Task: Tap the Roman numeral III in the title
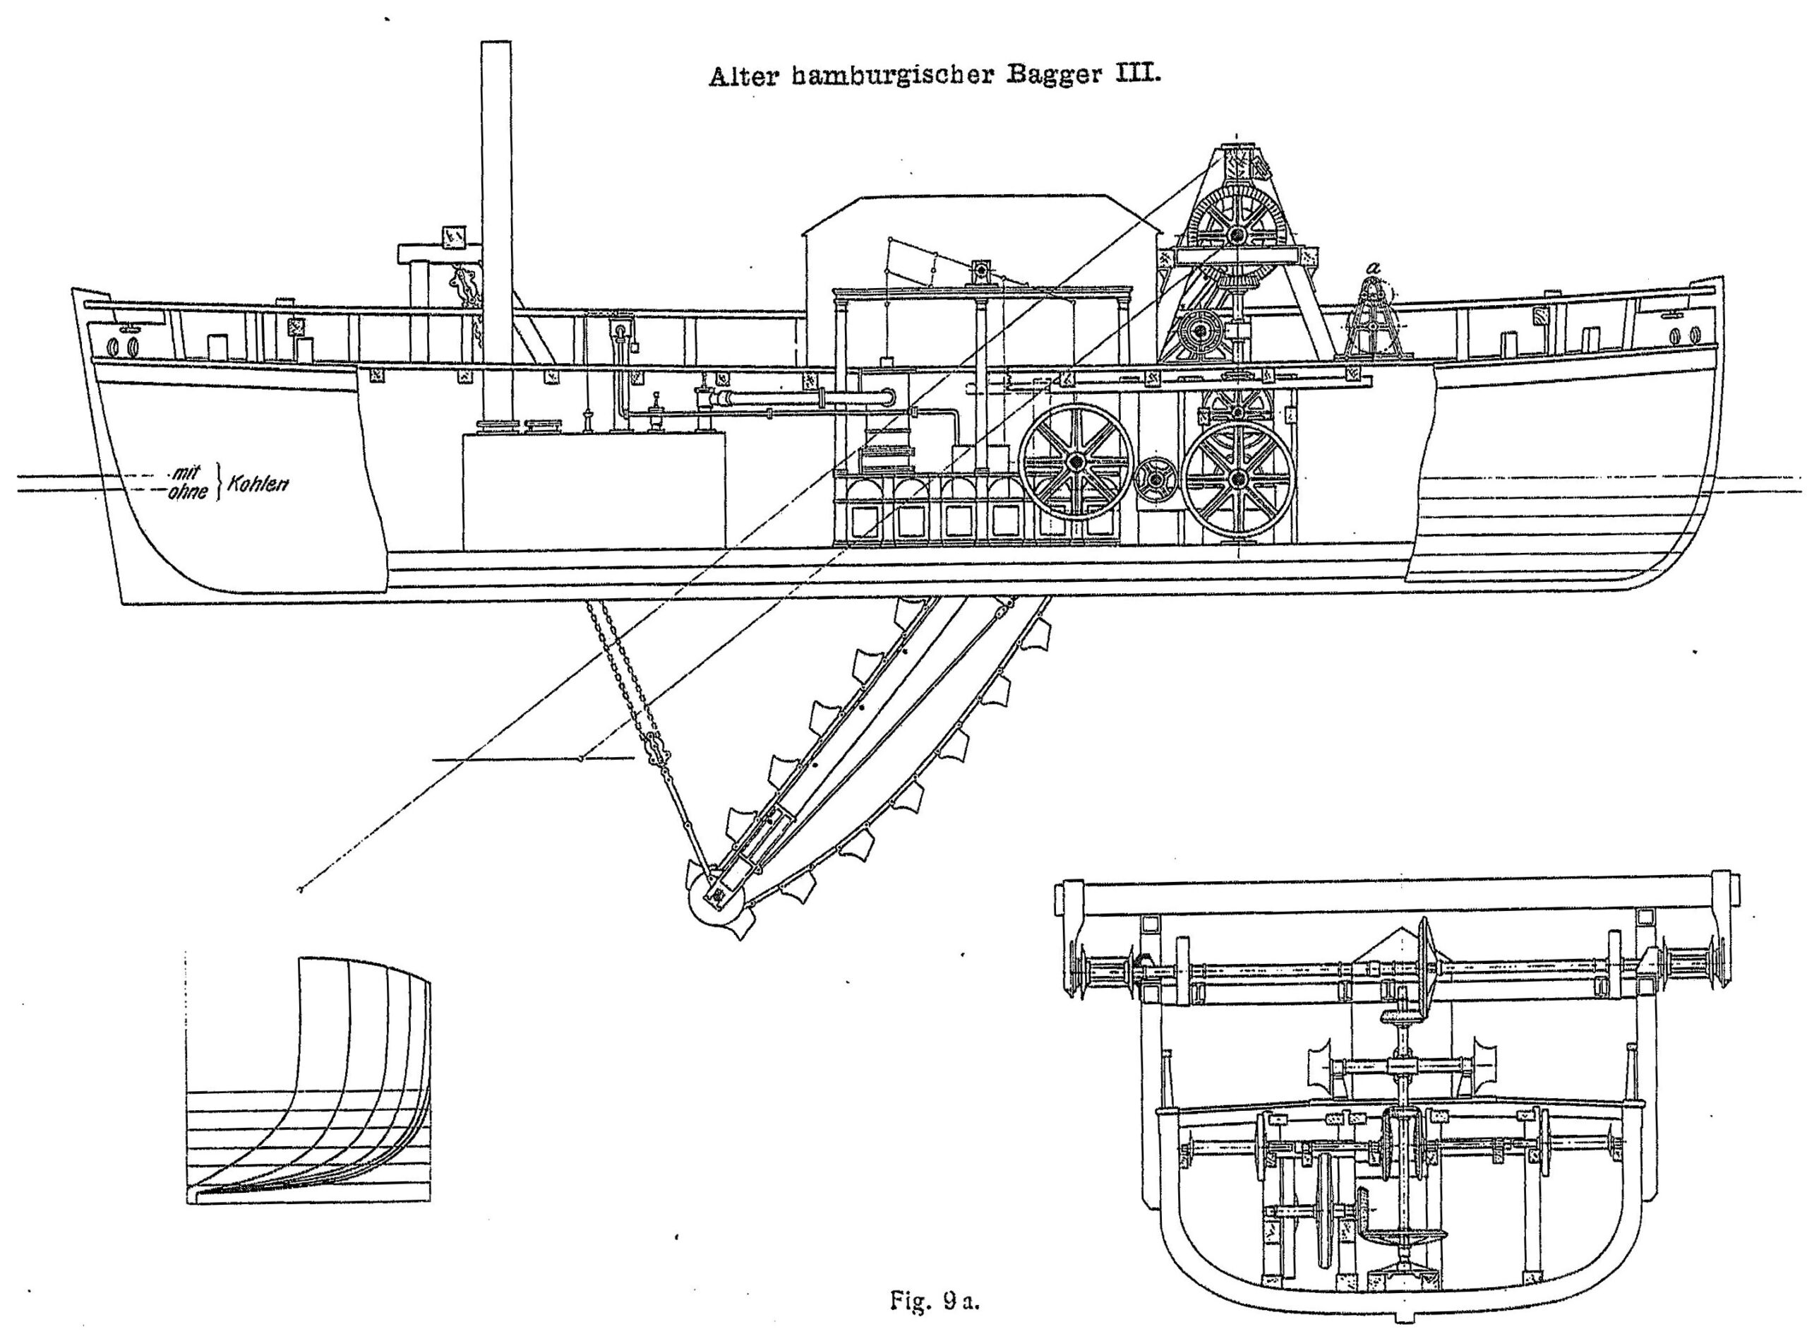pyautogui.click(x=1136, y=78)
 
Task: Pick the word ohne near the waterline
pyautogui.click(x=188, y=492)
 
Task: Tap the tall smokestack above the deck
pyautogui.click(x=496, y=202)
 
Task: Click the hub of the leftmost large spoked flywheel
pyautogui.click(x=1075, y=461)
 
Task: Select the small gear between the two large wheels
pyautogui.click(x=1156, y=480)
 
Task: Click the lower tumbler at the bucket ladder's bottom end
pyautogui.click(x=716, y=896)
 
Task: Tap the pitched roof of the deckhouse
pyautogui.click(x=968, y=212)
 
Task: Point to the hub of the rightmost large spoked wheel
pyautogui.click(x=1237, y=480)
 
